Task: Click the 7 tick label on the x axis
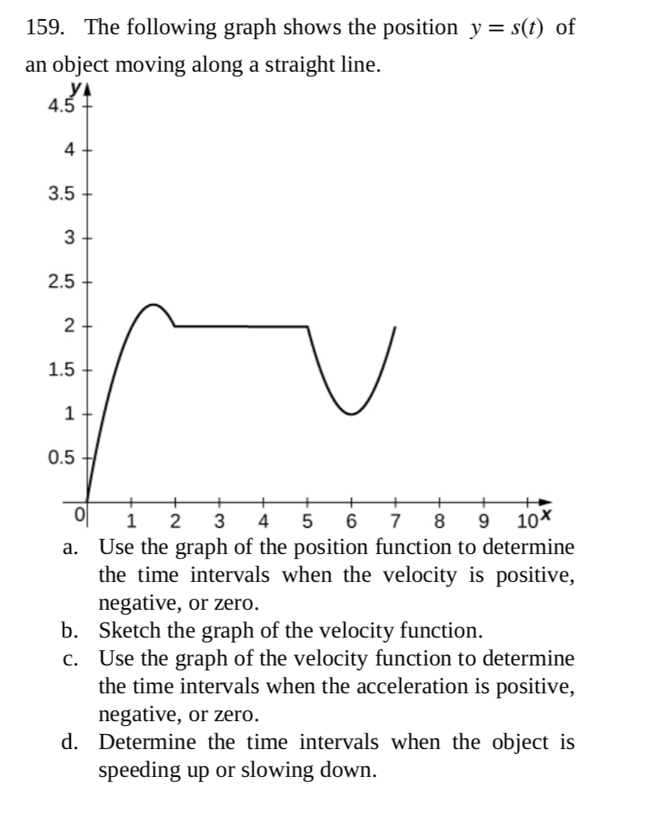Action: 395,523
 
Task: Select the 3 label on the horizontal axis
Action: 219,523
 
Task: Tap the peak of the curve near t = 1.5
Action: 153,304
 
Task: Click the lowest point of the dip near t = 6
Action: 351,414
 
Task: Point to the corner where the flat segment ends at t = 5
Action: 308,326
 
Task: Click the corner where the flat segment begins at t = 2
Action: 175,326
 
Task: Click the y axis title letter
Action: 77,90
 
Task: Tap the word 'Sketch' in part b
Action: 125,631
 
